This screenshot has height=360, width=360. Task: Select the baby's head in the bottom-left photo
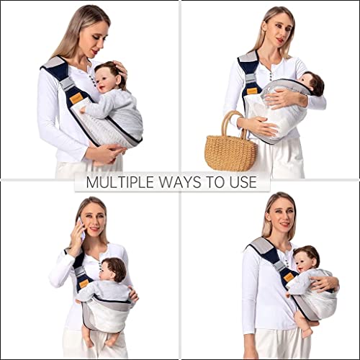point(112,269)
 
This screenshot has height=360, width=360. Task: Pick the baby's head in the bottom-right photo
point(308,257)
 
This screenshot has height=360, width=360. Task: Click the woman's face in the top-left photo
point(94,36)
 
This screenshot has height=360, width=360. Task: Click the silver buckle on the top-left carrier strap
point(69,85)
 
